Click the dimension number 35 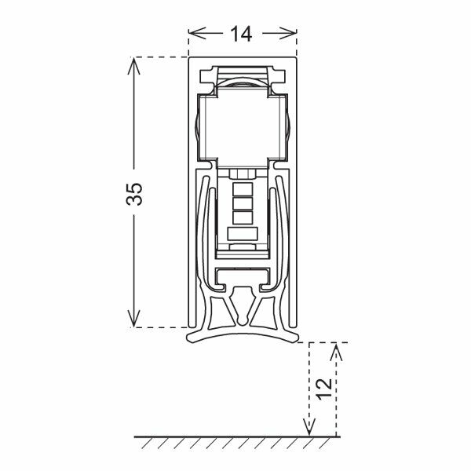click(x=135, y=194)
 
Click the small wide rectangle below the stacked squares click(x=243, y=233)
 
